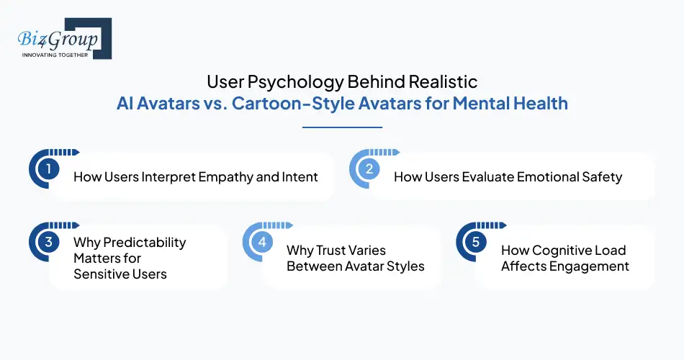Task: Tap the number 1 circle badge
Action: tap(48, 170)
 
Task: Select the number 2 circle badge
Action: tap(368, 170)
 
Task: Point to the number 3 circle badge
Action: tap(48, 242)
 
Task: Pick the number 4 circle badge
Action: tap(261, 242)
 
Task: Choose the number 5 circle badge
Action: tap(475, 242)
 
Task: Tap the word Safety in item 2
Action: tap(600, 176)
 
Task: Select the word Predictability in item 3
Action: tap(130, 242)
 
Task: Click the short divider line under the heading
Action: tap(342, 127)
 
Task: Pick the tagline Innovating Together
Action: tap(55, 55)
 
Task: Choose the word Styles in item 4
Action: tap(405, 266)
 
